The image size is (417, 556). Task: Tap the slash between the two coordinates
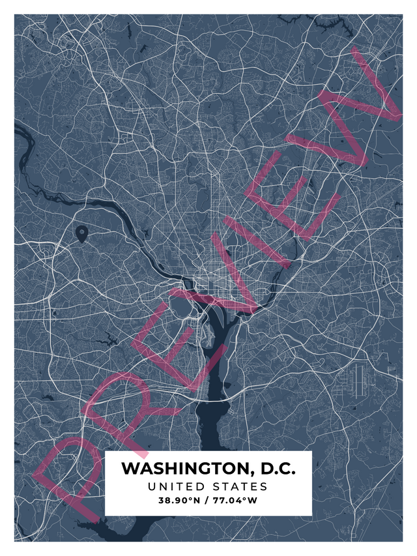click(x=207, y=501)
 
